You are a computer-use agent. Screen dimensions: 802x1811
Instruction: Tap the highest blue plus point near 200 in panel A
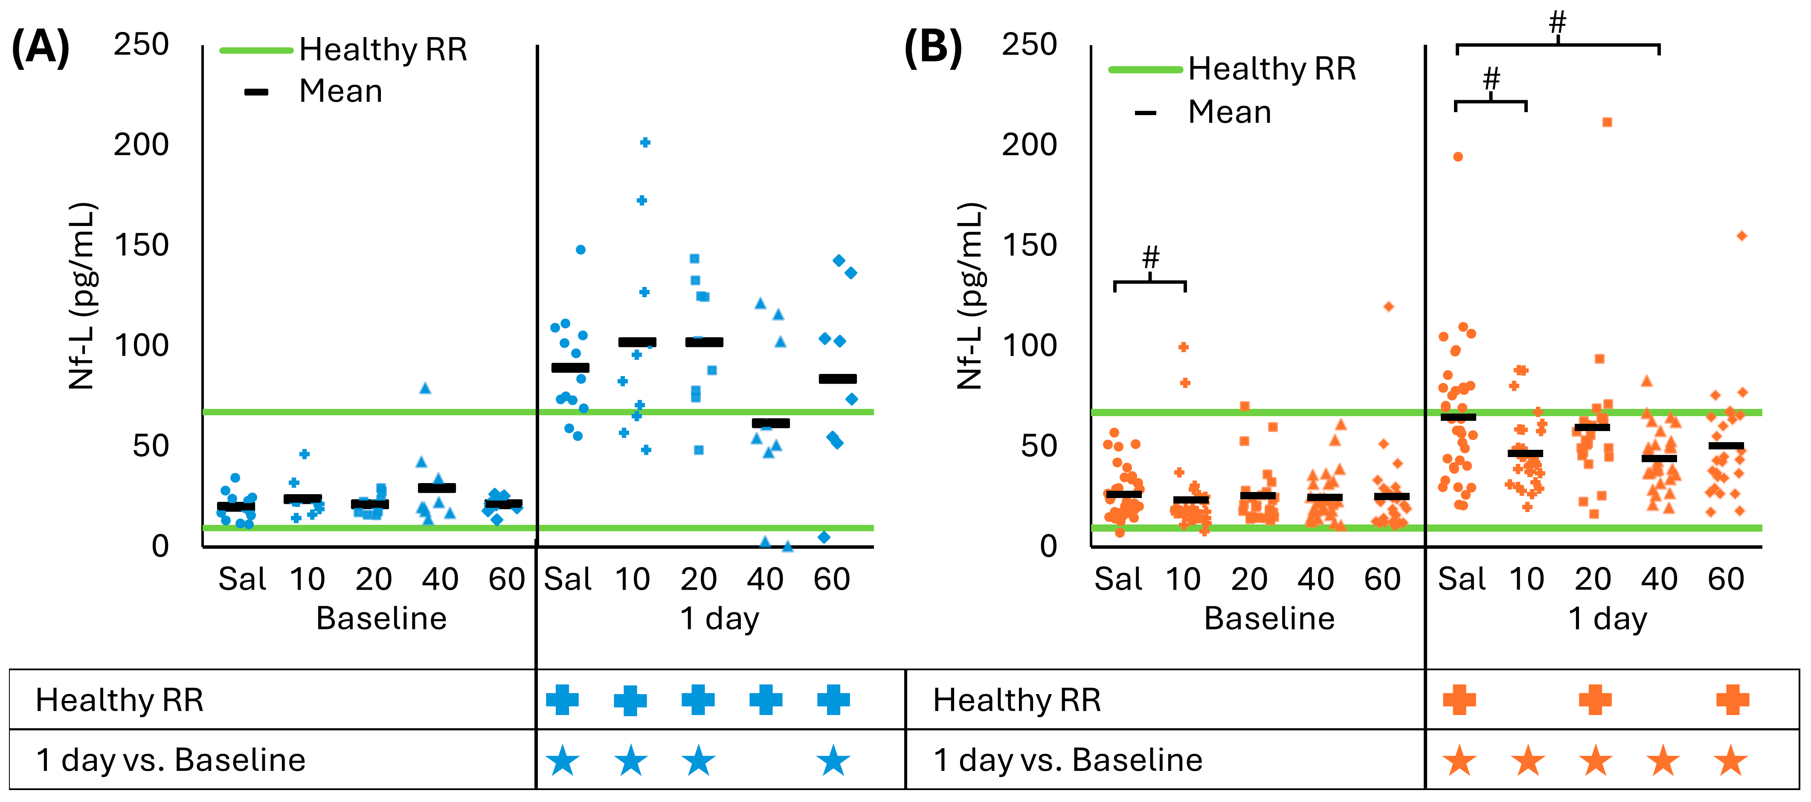click(x=644, y=143)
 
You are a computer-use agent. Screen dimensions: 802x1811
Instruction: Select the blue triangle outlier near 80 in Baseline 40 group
click(x=425, y=388)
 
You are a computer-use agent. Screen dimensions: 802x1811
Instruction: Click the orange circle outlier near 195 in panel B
click(x=1458, y=157)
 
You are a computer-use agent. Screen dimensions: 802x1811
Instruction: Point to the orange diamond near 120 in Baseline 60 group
click(x=1388, y=307)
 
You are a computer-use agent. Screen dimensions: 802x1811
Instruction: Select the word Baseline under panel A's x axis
click(x=381, y=619)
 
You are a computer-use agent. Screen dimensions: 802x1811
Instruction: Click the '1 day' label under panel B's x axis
click(x=1607, y=619)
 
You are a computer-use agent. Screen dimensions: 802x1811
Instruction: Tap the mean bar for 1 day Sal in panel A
click(x=570, y=368)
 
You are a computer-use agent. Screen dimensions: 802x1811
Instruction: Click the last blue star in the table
click(x=833, y=761)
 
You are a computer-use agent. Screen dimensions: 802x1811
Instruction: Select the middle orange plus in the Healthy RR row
click(x=1594, y=700)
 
